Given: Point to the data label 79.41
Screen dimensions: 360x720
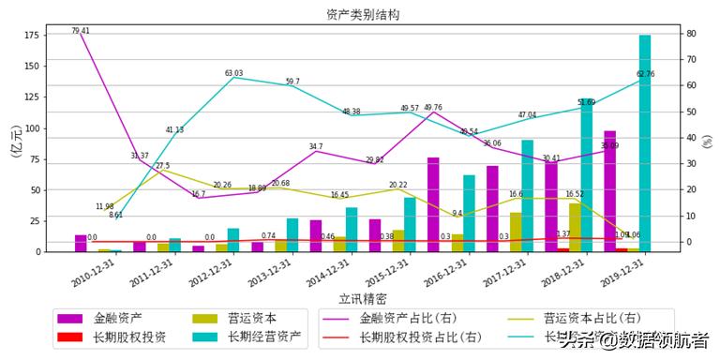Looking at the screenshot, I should (81, 31).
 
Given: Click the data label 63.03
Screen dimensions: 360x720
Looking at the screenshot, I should (233, 73).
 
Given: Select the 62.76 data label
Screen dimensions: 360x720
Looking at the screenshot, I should (645, 74).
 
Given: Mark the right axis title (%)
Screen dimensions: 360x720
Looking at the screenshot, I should (707, 141).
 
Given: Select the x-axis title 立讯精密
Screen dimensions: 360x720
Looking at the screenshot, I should (362, 298).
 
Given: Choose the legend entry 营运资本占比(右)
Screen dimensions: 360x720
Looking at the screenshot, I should (592, 319).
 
